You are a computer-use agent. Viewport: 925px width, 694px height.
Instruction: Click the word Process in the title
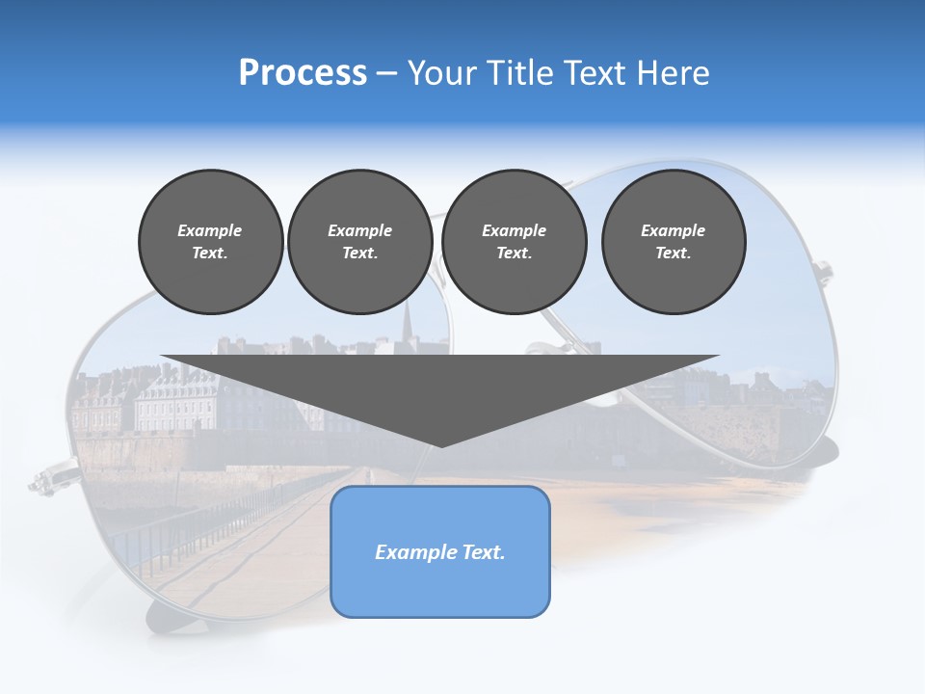pyautogui.click(x=303, y=73)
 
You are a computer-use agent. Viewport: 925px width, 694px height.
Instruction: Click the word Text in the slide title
pyautogui.click(x=597, y=73)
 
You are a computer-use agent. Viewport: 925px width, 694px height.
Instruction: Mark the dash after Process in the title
pyautogui.click(x=387, y=74)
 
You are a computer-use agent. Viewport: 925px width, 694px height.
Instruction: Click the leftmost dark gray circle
pyautogui.click(x=211, y=242)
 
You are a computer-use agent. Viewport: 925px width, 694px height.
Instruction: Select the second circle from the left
pyautogui.click(x=360, y=242)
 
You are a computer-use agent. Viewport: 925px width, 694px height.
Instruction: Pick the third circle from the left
pyautogui.click(x=514, y=242)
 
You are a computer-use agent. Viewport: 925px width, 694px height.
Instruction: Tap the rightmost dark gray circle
pyautogui.click(x=674, y=242)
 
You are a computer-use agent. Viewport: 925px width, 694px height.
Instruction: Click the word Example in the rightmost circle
pyautogui.click(x=674, y=230)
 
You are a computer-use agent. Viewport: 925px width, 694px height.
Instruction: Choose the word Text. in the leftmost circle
pyautogui.click(x=210, y=254)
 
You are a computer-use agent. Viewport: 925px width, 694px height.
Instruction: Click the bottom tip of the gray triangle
pyautogui.click(x=441, y=445)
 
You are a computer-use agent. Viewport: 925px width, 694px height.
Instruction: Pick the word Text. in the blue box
pyautogui.click(x=485, y=552)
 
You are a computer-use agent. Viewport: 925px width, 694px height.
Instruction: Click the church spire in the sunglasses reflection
pyautogui.click(x=407, y=319)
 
